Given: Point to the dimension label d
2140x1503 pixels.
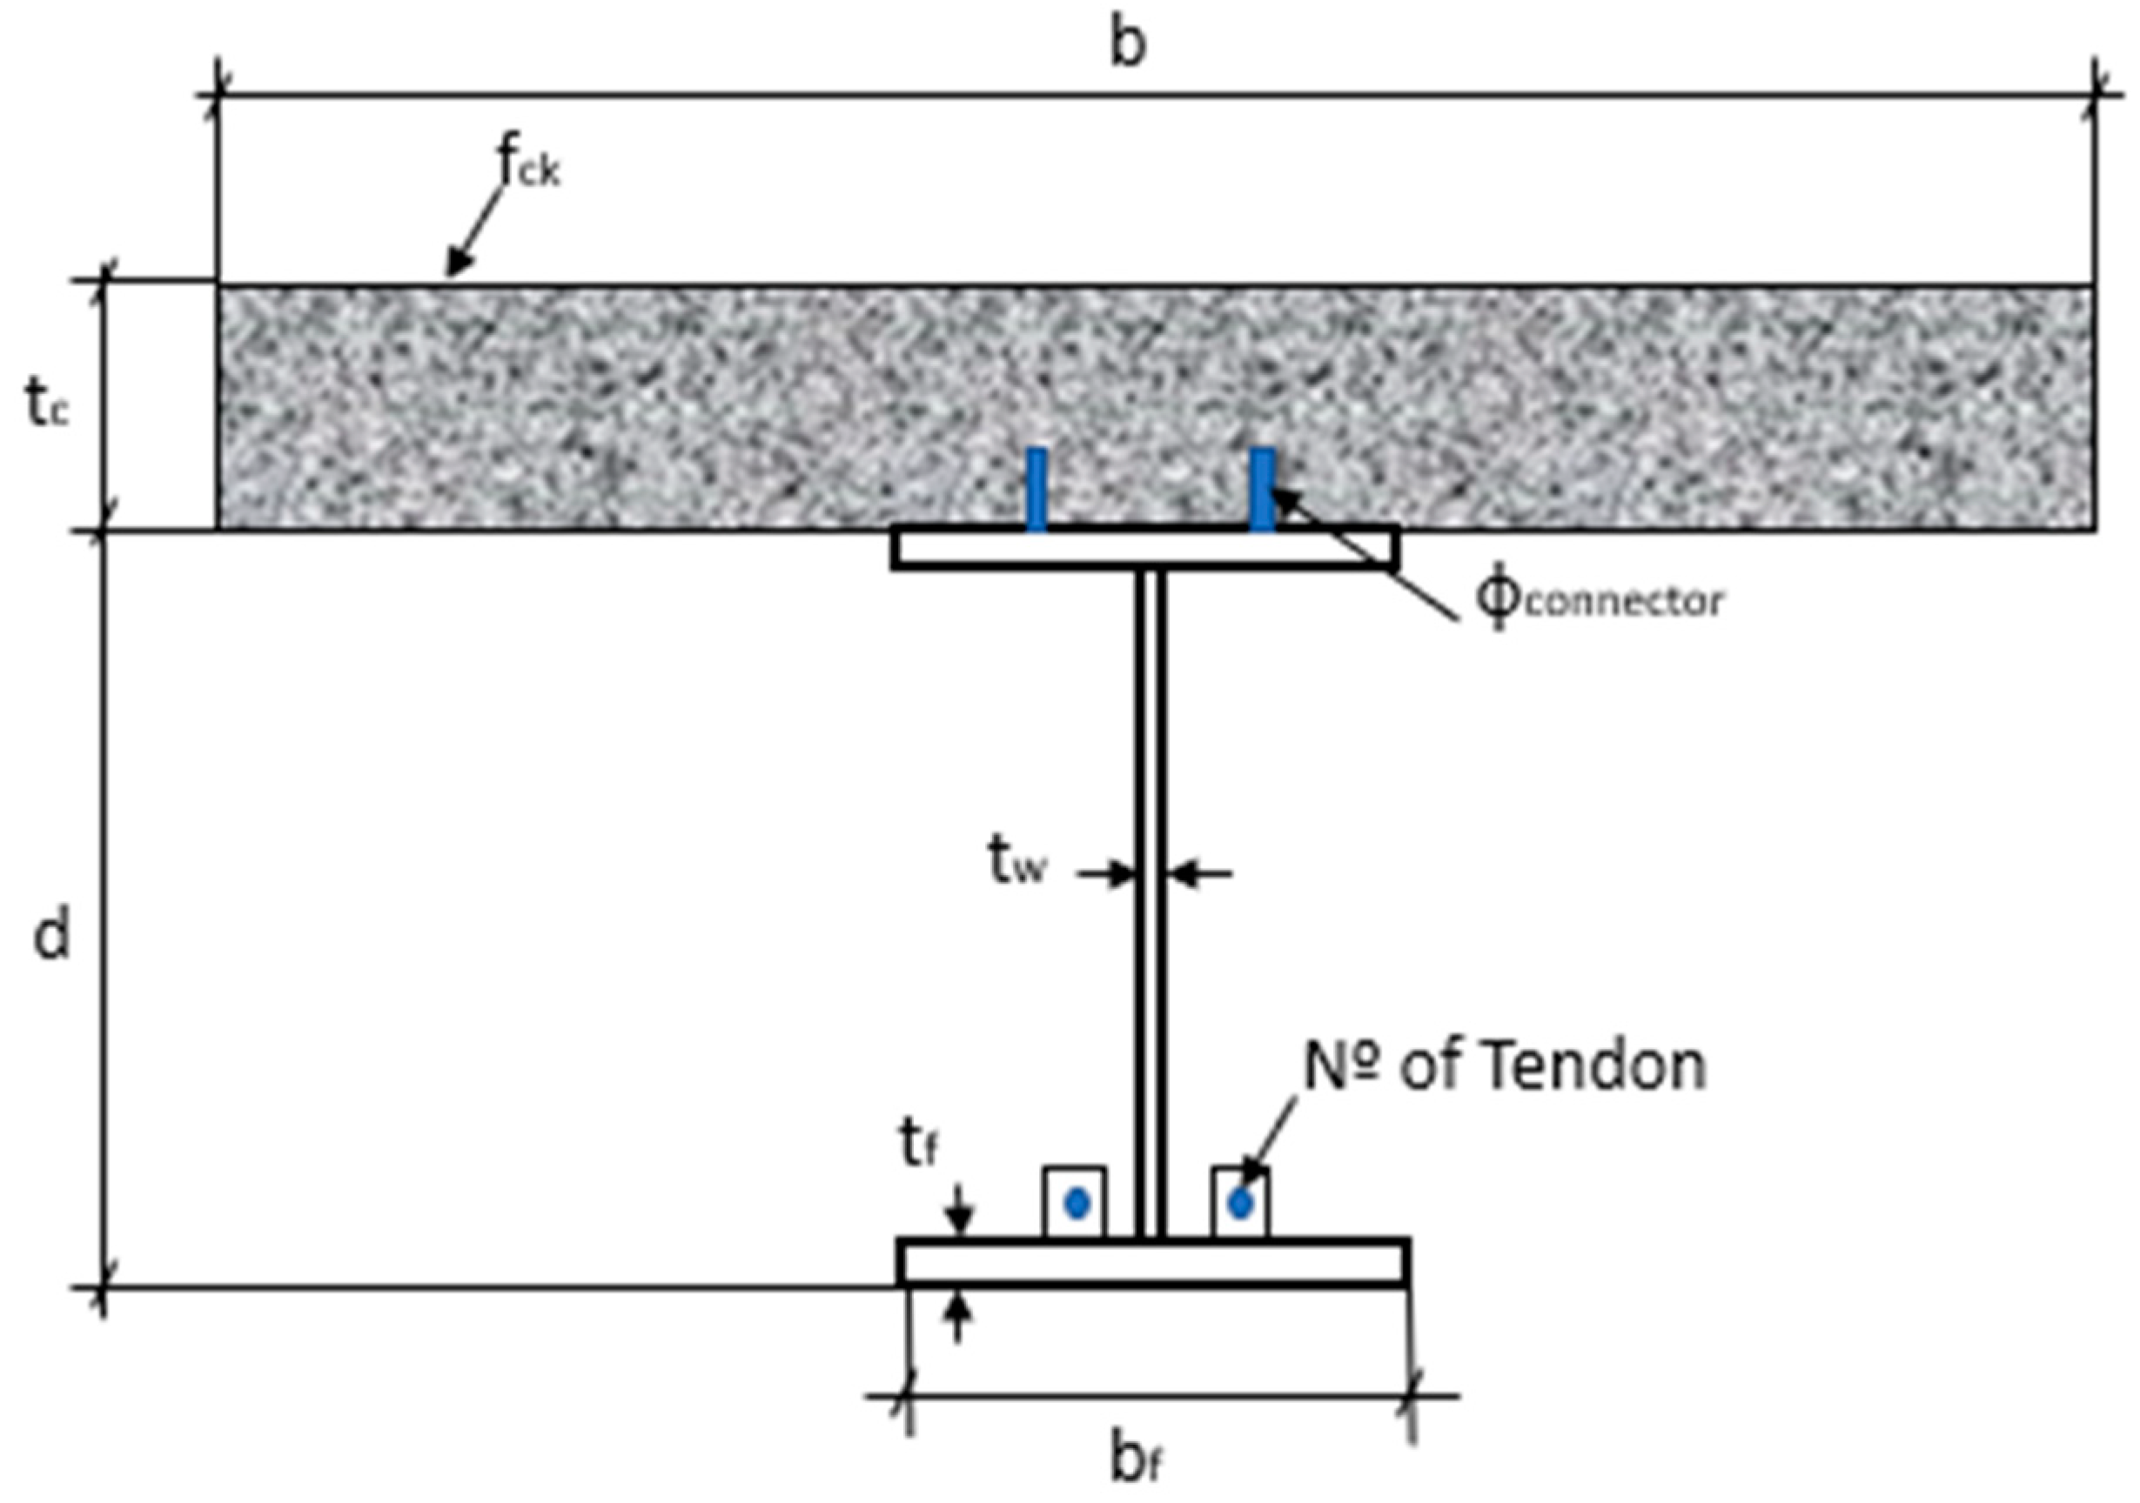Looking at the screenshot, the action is (x=51, y=935).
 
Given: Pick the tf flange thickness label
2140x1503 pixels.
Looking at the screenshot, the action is (x=918, y=1146).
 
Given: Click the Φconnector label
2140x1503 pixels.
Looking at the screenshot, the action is (x=1598, y=601).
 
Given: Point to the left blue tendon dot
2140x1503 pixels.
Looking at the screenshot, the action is (x=1077, y=1204).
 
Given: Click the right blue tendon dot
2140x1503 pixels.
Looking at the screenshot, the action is (x=1239, y=1204).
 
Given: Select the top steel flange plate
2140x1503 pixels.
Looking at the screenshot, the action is (x=1144, y=548).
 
